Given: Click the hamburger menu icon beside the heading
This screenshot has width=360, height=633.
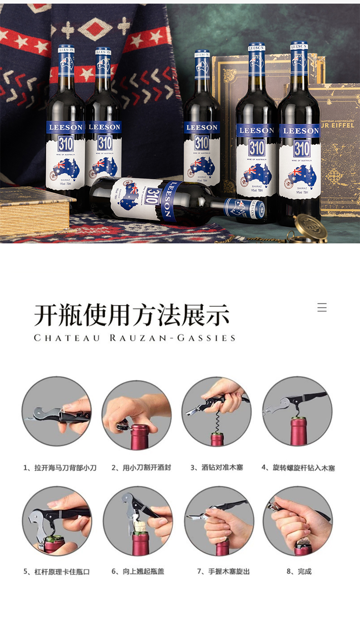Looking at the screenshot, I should tap(322, 308).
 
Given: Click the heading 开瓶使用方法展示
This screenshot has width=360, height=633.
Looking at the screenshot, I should tap(132, 315).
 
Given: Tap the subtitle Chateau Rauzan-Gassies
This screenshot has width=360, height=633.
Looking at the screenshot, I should tap(135, 338).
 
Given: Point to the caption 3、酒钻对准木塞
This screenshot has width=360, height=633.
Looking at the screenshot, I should tap(216, 468).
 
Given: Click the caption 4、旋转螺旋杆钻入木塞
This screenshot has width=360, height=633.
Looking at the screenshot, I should tap(298, 468).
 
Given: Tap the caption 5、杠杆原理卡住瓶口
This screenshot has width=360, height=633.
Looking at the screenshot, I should tap(57, 572).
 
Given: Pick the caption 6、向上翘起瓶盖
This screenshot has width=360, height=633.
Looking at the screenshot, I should tap(138, 572).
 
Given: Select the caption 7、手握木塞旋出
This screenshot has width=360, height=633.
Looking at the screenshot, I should tap(223, 572).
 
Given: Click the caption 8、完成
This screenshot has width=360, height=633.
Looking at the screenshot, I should tap(299, 572).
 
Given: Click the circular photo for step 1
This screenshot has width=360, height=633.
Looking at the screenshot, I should tap(57, 411).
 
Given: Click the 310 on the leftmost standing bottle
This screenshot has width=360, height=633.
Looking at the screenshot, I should tap(65, 144).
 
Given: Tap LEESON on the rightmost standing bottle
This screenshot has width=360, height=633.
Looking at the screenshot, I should tap(299, 131).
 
